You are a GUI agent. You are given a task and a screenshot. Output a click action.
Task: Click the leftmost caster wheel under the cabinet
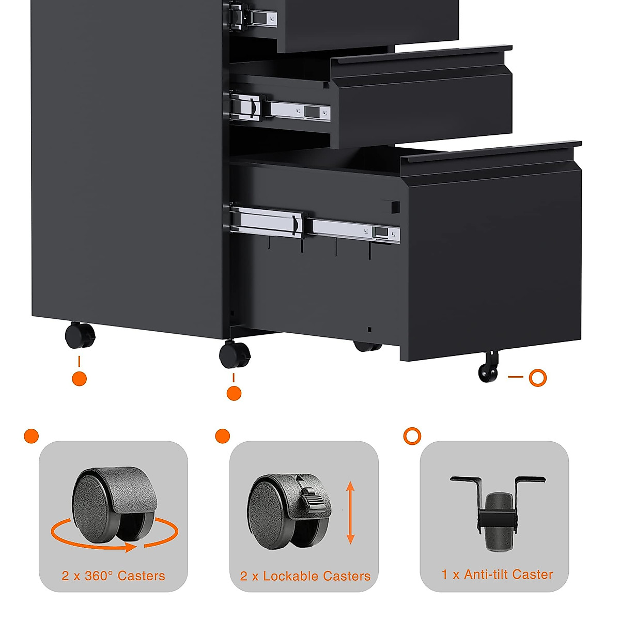click(80, 335)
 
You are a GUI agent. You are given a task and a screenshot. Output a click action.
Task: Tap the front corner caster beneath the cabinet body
click(235, 354)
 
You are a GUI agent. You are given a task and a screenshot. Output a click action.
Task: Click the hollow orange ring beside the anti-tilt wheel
click(538, 378)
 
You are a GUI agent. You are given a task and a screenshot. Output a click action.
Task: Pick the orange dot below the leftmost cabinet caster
click(79, 379)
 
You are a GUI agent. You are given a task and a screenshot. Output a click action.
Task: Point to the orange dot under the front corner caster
click(234, 393)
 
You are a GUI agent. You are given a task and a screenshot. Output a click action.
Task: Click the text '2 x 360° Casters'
click(113, 576)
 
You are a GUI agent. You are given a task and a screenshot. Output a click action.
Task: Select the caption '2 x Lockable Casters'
click(305, 576)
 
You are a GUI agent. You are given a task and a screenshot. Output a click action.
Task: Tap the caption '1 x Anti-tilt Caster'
click(497, 574)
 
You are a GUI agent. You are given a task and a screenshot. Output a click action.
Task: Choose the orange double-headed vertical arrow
click(350, 513)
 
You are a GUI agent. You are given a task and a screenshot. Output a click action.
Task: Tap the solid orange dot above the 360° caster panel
click(32, 436)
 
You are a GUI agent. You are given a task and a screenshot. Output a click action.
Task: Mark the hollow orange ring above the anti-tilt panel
click(412, 436)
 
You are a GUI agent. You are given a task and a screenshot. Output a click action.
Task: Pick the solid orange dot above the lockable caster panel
click(222, 436)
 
